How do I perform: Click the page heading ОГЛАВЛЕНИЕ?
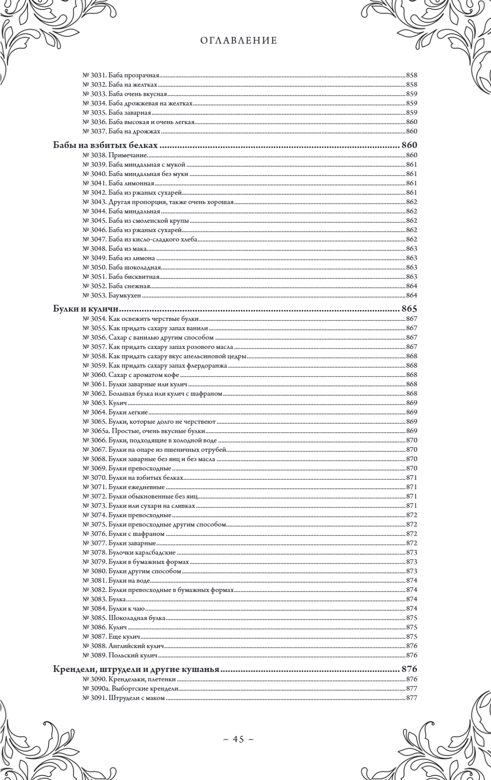239,41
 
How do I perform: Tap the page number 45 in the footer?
238,739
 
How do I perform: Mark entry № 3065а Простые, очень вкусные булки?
144,431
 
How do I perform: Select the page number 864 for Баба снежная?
412,286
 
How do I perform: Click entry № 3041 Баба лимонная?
119,183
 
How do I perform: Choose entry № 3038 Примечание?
115,155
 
